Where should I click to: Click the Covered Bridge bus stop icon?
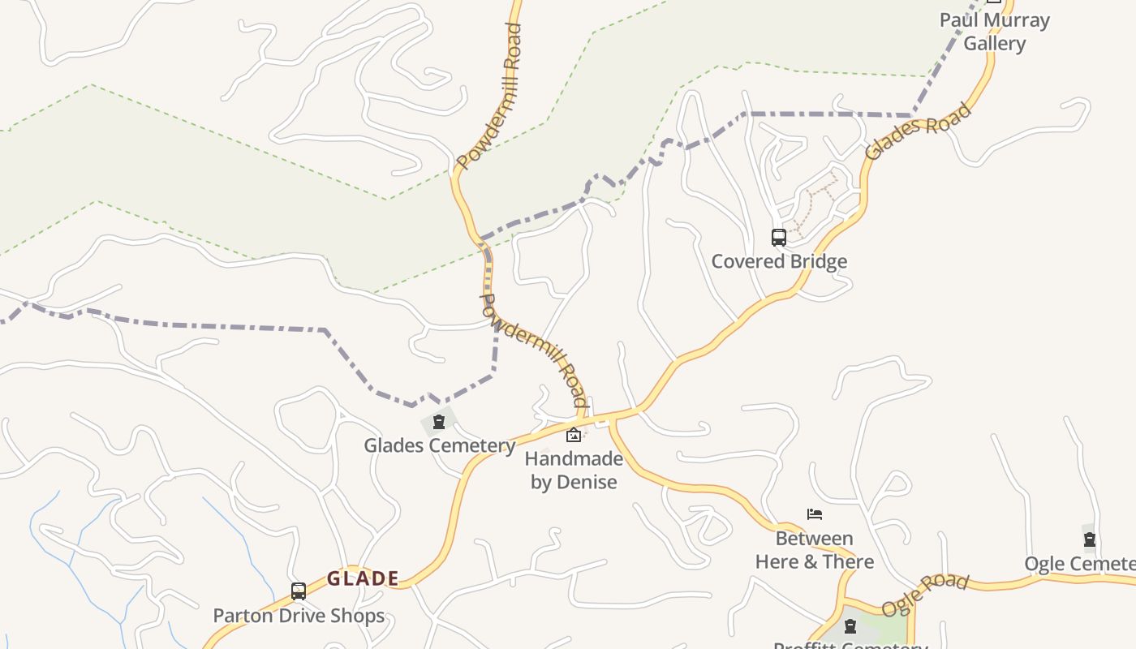pyautogui.click(x=778, y=238)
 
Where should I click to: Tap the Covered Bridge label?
pyautogui.click(x=779, y=261)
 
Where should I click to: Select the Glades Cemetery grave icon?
pyautogui.click(x=439, y=422)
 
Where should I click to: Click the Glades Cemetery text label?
pyautogui.click(x=439, y=445)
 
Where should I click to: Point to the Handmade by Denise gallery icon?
pyautogui.click(x=574, y=435)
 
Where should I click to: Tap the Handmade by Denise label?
pyautogui.click(x=574, y=471)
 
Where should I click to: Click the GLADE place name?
pyautogui.click(x=363, y=578)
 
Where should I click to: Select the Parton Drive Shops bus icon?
pyautogui.click(x=299, y=591)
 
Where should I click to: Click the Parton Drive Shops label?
pyautogui.click(x=299, y=616)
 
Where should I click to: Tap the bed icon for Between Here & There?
pyautogui.click(x=815, y=514)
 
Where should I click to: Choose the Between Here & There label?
pyautogui.click(x=814, y=550)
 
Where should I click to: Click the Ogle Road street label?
pyautogui.click(x=925, y=595)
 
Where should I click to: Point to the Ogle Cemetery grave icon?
pyautogui.click(x=1090, y=539)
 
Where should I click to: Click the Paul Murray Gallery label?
pyautogui.click(x=995, y=32)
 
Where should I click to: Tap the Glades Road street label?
pyautogui.click(x=918, y=131)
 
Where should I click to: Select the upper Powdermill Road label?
pyautogui.click(x=488, y=97)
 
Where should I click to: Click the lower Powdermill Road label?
pyautogui.click(x=534, y=350)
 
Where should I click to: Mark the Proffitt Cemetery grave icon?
pyautogui.click(x=850, y=626)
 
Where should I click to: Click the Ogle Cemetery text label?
pyautogui.click(x=1079, y=564)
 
